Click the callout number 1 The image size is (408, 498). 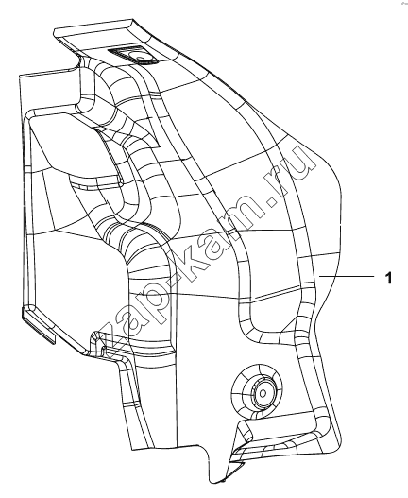tap(388, 278)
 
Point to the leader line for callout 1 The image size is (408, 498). tap(347, 277)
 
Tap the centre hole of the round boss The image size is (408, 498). tap(263, 394)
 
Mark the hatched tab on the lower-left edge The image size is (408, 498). tap(38, 325)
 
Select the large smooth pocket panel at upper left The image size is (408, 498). tap(76, 146)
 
